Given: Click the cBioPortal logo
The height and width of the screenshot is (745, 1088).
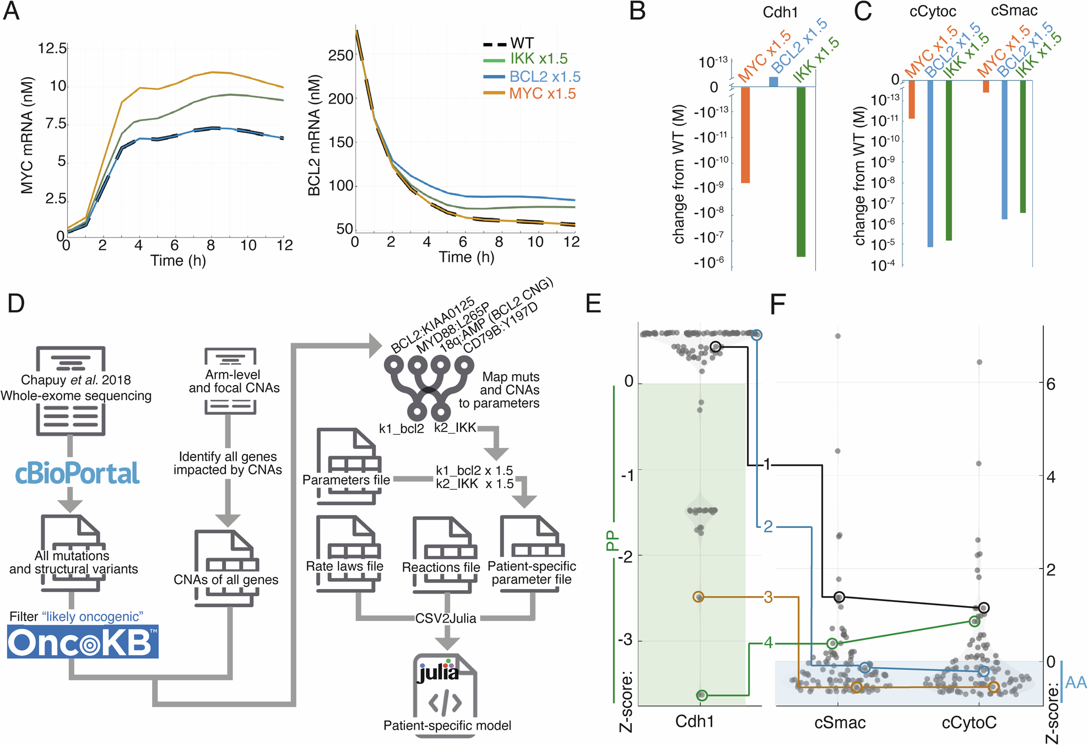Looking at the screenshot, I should click(x=77, y=473).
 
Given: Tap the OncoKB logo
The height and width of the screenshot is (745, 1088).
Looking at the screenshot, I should click(x=83, y=642).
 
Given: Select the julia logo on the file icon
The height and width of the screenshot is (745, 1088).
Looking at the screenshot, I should click(x=438, y=672).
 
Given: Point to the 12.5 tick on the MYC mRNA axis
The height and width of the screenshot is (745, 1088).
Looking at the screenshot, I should click(x=52, y=48).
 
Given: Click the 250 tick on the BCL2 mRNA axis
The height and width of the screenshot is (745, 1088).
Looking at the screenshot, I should click(x=340, y=56).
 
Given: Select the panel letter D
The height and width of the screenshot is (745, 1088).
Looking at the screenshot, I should click(x=16, y=303).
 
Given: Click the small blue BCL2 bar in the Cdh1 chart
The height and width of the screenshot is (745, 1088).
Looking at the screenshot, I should click(x=773, y=82).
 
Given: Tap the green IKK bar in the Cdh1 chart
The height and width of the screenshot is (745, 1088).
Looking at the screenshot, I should click(x=801, y=171).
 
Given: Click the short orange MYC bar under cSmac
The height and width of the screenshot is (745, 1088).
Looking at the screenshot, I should click(x=986, y=87).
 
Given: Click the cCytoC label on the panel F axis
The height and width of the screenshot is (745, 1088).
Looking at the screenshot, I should click(x=969, y=722).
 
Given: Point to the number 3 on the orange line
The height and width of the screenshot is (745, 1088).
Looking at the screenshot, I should click(x=768, y=597).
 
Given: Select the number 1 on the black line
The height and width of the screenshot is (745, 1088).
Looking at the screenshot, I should click(x=766, y=465).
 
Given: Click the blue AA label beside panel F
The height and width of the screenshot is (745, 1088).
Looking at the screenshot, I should click(x=1076, y=683).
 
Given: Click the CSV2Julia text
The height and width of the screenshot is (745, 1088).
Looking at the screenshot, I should click(x=446, y=618).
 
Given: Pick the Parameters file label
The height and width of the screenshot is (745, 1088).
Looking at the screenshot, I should click(x=346, y=480).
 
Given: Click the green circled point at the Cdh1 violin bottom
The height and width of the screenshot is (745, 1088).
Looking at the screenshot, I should click(x=701, y=695).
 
